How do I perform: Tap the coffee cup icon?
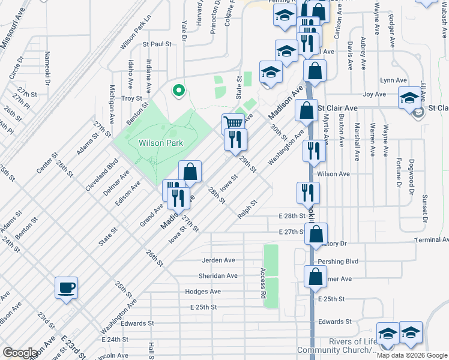66,287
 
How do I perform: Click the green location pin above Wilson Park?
178,91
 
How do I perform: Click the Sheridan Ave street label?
218,276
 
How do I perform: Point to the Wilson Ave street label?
333,174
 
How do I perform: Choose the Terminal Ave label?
432,239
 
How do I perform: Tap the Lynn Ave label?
393,80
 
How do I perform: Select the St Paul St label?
157,44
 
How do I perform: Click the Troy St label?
131,98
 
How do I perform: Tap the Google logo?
20,353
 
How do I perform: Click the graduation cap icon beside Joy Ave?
410,98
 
